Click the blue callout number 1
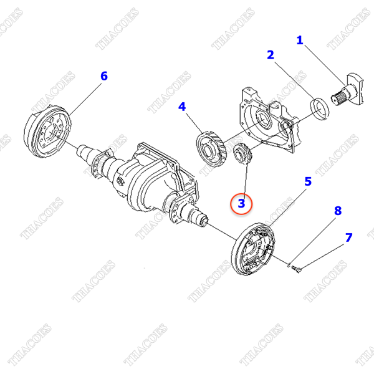(300, 40)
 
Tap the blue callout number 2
(271, 55)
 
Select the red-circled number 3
(241, 203)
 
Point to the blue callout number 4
(182, 107)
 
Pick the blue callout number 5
(308, 181)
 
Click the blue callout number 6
(104, 76)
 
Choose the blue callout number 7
(348, 237)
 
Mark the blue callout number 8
(338, 211)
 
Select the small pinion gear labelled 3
(241, 155)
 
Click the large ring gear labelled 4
(210, 149)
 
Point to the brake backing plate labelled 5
(253, 249)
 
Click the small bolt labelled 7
(297, 269)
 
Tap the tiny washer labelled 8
(289, 265)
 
